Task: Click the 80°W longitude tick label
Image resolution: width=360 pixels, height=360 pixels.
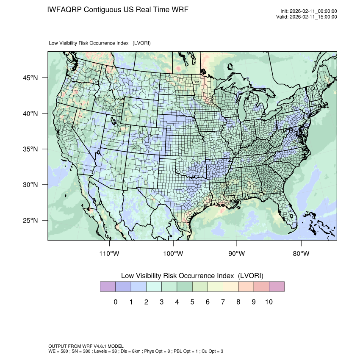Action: coord(301,254)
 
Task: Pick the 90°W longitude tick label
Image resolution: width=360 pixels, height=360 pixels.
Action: coord(237,254)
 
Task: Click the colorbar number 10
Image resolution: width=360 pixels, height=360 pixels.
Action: coord(269,302)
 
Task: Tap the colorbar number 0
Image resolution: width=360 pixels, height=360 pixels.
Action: coord(115,302)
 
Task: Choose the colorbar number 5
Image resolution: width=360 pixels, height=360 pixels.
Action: coord(192,302)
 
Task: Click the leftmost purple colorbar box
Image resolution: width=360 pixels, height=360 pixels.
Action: coord(108,287)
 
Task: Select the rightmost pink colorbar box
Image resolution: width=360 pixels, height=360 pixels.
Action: coord(277,287)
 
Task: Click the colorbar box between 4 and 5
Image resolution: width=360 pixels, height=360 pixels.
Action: coord(184,287)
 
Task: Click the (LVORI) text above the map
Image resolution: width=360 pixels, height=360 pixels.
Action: coord(141,43)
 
